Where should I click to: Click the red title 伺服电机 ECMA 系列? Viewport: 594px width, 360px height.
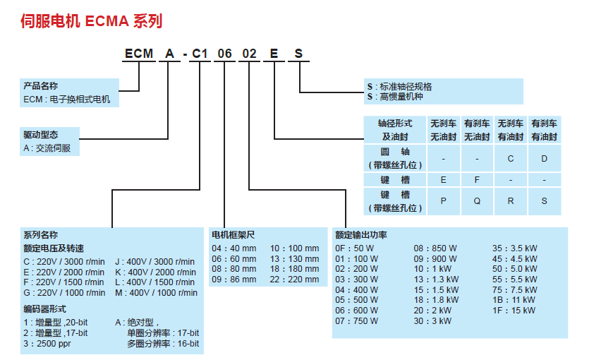(92, 21)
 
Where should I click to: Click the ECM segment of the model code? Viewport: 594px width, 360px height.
(138, 54)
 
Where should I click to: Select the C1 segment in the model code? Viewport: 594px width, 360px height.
(199, 54)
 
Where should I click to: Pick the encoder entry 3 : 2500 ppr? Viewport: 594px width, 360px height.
(49, 344)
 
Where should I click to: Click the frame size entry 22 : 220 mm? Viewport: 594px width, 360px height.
(295, 279)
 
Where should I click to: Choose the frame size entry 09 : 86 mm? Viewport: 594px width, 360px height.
(234, 279)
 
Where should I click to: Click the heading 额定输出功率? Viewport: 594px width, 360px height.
(361, 234)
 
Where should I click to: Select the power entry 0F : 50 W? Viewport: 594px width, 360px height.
(356, 248)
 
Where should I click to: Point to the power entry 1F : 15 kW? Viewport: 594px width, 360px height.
(514, 309)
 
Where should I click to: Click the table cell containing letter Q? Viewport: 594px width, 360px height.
(477, 200)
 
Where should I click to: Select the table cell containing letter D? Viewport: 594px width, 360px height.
(544, 158)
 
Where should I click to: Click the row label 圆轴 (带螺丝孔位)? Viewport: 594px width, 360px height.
(395, 158)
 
